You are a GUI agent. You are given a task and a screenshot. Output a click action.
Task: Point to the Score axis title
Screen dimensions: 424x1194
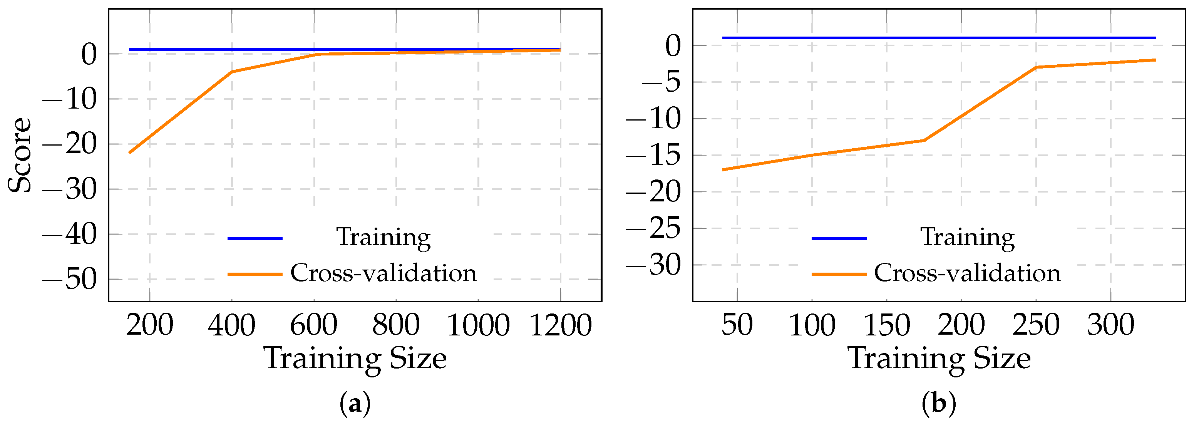(x=20, y=155)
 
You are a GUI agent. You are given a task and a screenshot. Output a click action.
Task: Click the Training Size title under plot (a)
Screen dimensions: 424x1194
(x=355, y=359)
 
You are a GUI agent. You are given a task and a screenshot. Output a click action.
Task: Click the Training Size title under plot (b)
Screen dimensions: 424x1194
(x=939, y=359)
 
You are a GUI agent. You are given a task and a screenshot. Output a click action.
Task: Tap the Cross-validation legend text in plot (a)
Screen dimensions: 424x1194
(x=383, y=273)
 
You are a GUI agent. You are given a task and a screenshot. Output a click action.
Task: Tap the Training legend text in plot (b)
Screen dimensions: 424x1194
(x=967, y=237)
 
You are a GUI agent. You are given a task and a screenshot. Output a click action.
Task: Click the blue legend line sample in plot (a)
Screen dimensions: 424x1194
(x=255, y=238)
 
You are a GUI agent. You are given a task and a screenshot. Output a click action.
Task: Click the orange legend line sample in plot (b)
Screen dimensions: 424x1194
(x=839, y=274)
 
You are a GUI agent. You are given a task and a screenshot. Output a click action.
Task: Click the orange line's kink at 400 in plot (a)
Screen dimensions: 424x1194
(x=232, y=71)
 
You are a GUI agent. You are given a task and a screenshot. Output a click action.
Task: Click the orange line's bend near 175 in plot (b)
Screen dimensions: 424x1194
(x=924, y=140)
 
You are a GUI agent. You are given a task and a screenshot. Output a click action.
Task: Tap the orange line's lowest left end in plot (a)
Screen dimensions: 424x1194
(x=129, y=153)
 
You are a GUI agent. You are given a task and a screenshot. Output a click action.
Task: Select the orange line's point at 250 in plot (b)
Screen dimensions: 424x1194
(x=1036, y=67)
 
